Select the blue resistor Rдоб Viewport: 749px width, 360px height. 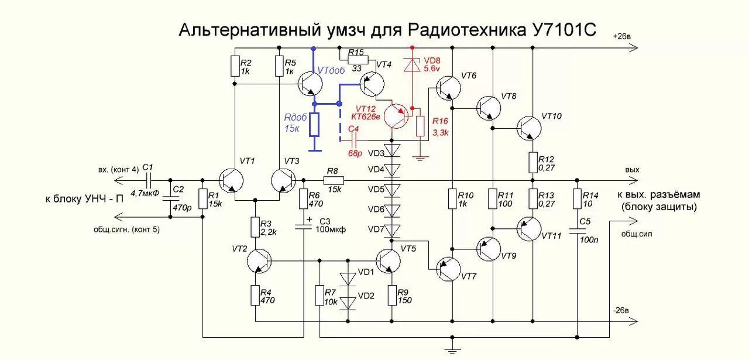[315, 124]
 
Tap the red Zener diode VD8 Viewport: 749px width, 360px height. [412, 65]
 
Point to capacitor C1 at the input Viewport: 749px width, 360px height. [149, 179]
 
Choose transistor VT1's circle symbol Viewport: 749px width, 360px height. [232, 179]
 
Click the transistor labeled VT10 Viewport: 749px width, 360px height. [530, 128]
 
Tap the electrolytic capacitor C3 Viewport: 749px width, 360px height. [303, 226]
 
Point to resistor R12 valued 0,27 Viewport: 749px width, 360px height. [532, 162]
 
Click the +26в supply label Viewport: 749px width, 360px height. [622, 36]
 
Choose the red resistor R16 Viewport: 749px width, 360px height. [420, 126]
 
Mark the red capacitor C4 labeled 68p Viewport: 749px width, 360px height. [353, 141]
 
